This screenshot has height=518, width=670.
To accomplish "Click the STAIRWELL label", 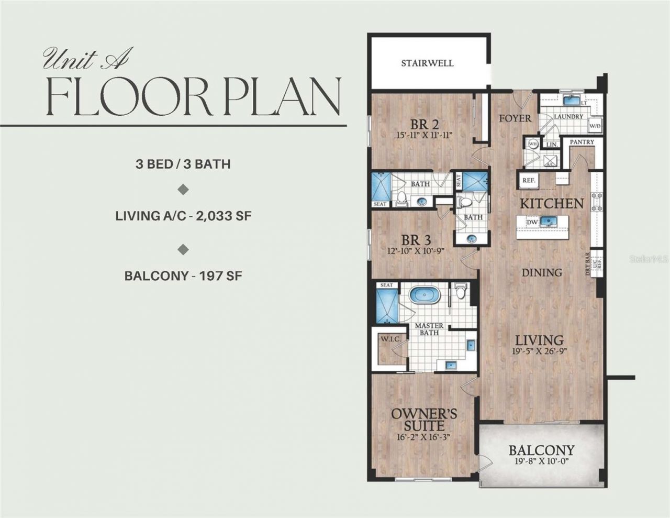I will pyautogui.click(x=427, y=63).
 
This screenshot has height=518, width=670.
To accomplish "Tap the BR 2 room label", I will pyautogui.click(x=424, y=125).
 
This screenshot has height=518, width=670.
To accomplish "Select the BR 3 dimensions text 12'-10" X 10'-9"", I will pyautogui.click(x=416, y=250).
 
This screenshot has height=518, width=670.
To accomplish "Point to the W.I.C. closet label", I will pyautogui.click(x=390, y=339).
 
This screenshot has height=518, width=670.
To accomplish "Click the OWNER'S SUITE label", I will pyautogui.click(x=424, y=419).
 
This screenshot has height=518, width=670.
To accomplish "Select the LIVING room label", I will pyautogui.click(x=539, y=340).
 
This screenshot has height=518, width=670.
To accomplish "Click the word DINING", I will pyautogui.click(x=542, y=272).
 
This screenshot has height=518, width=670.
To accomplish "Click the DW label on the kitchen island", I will pyautogui.click(x=532, y=223).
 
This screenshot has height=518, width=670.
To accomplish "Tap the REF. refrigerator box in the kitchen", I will pyautogui.click(x=528, y=180).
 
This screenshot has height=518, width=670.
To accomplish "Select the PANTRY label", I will pyautogui.click(x=582, y=142).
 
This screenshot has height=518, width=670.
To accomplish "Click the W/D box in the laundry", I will pyautogui.click(x=595, y=126).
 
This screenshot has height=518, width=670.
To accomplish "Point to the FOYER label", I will pyautogui.click(x=515, y=118).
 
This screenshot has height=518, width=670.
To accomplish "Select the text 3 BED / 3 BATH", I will pyautogui.click(x=183, y=164).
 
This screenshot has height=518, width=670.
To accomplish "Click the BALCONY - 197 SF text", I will pyautogui.click(x=183, y=275).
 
